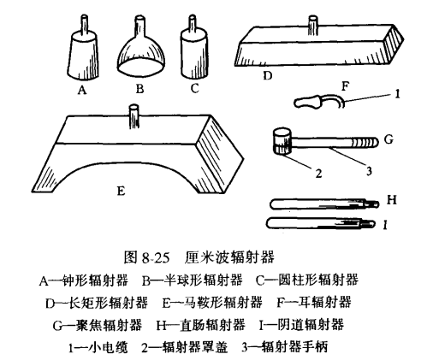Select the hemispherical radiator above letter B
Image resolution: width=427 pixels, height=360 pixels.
141,55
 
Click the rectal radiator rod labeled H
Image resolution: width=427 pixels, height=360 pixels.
321,204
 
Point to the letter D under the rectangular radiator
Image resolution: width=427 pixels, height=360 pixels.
267,76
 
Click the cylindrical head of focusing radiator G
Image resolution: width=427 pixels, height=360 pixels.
282,140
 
